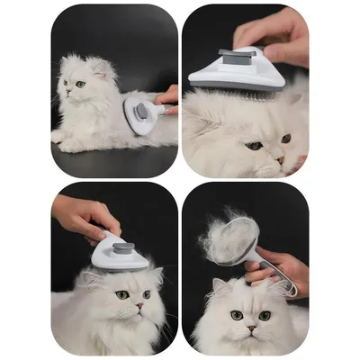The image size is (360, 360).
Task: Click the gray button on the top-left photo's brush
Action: coord(140,111)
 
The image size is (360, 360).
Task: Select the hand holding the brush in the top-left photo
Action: coord(168,95)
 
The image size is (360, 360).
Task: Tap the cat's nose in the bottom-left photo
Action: coord(139,305)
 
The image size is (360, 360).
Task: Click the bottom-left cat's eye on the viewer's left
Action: coord(121,293)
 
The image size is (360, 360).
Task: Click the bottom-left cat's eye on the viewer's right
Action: coord(147,294)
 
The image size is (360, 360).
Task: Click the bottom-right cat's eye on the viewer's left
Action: coord(236,314)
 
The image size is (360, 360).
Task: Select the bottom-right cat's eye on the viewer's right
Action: coord(264,316)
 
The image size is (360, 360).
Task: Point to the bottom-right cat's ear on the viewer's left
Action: coord(219,286)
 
